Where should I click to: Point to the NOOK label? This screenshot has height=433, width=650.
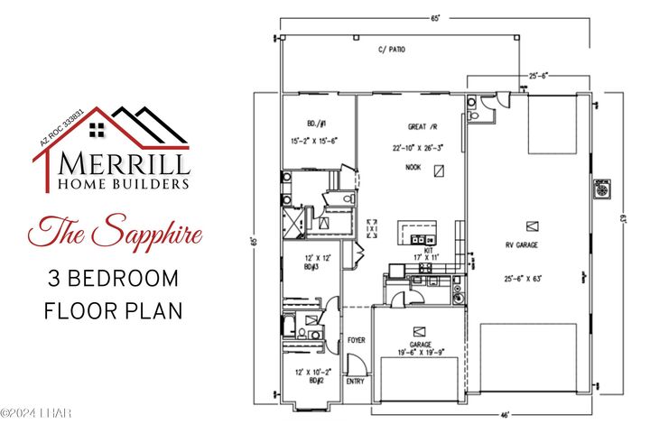tap(413, 167)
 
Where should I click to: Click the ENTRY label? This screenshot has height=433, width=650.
tap(356, 382)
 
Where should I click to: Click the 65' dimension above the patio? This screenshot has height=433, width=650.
tap(435, 18)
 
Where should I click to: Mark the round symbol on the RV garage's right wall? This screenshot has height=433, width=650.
tap(597, 190)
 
